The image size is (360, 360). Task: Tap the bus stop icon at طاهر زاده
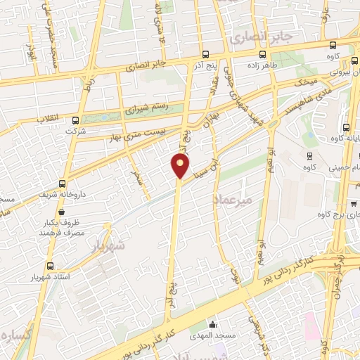(262, 54)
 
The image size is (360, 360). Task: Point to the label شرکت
(75, 131)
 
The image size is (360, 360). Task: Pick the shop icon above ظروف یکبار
(63, 211)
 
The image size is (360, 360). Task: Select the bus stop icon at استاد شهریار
(49, 266)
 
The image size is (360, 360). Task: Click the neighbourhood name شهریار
(107, 247)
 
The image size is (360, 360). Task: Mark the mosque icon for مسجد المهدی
(212, 324)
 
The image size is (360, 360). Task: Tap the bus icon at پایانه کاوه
(346, 127)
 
